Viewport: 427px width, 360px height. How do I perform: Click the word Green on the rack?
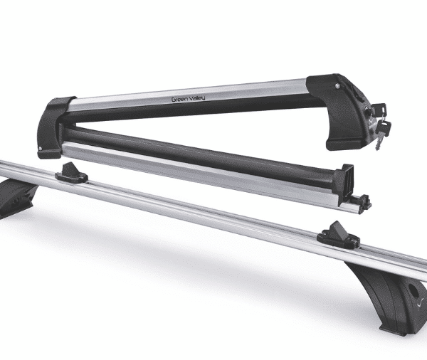click(179, 99)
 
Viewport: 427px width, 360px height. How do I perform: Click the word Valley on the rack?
click(196, 97)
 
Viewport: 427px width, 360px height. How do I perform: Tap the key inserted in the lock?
click(378, 110)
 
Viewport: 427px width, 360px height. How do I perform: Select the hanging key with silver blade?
click(382, 134)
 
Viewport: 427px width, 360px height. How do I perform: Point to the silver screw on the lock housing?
click(337, 86)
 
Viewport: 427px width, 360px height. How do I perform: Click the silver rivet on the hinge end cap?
click(41, 149)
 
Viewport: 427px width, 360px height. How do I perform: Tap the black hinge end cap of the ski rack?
click(53, 127)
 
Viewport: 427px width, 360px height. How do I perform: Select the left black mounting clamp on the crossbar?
click(71, 173)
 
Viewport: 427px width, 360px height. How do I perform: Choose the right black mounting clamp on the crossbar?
click(338, 235)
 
